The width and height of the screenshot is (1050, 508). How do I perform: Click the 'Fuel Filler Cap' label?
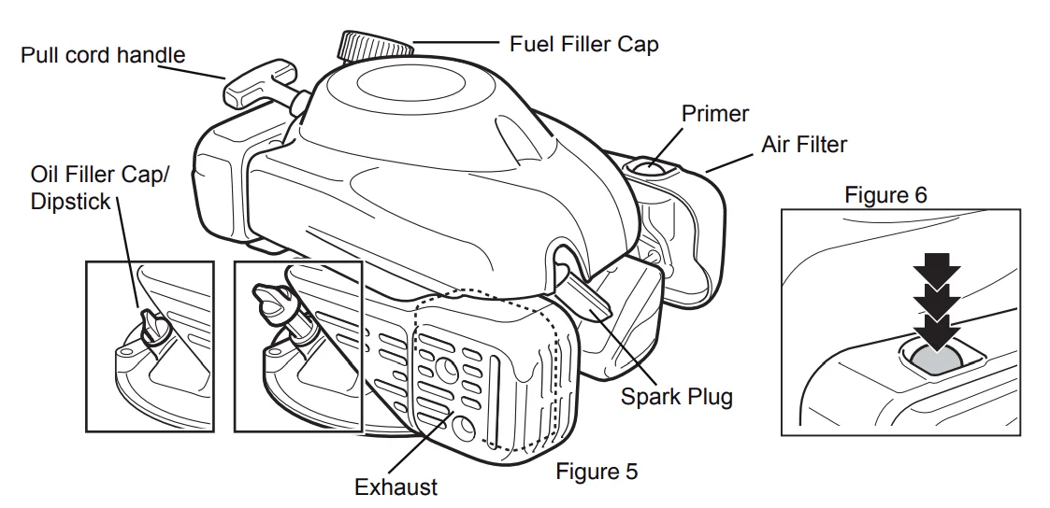[583, 43]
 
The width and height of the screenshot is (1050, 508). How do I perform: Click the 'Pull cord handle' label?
[103, 55]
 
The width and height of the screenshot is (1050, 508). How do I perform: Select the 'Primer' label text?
[714, 114]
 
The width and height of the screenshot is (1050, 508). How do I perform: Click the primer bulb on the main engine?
[652, 168]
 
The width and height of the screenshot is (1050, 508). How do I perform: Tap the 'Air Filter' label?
[804, 145]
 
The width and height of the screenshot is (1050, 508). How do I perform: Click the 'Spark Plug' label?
[677, 396]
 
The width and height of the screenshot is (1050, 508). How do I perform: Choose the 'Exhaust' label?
[396, 487]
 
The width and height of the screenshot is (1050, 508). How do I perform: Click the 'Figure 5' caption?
[597, 471]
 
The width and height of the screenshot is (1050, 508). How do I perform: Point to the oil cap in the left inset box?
[151, 327]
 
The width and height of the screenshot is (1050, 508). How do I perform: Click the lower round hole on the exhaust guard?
[462, 428]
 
